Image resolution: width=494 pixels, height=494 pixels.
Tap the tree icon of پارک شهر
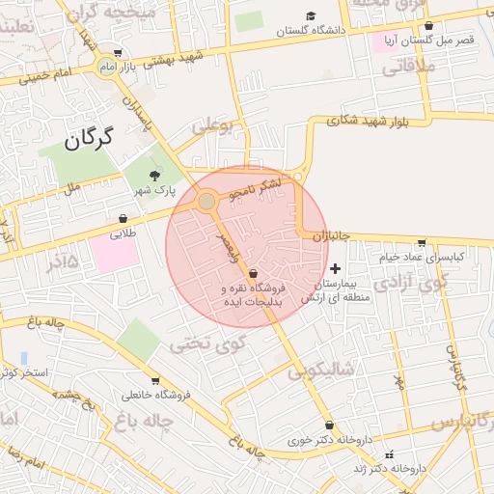tap(154, 175)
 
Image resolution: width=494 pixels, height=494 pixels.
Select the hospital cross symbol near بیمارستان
tap(335, 268)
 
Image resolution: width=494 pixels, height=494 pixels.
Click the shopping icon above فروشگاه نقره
tap(253, 274)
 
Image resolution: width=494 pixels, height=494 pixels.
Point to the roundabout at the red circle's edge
tap(206, 201)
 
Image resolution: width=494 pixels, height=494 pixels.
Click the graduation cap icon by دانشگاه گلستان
tap(311, 15)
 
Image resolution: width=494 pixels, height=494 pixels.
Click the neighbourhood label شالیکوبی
tap(322, 370)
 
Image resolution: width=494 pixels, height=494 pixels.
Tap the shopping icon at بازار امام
tap(118, 53)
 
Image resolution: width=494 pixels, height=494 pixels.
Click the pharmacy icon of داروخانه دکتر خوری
tap(331, 425)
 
